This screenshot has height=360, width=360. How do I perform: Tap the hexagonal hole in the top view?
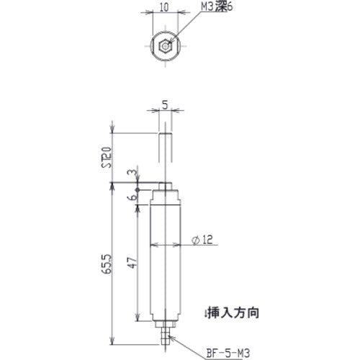pos(165,48)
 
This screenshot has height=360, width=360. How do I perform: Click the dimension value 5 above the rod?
pos(165,104)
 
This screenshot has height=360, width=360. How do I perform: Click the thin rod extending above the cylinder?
pos(165,158)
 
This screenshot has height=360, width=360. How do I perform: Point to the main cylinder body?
pos(165,259)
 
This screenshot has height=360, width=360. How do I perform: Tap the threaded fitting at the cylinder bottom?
pos(165,333)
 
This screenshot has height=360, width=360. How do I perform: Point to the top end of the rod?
pos(165,133)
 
